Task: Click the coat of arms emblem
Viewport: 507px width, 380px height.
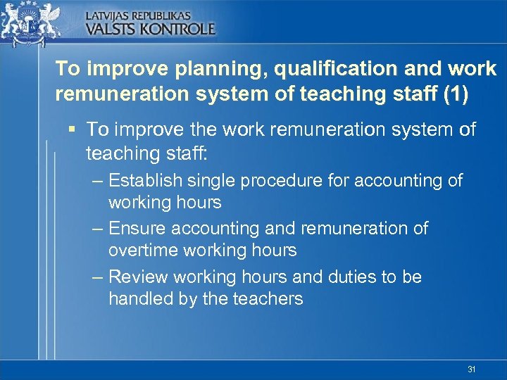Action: (39, 23)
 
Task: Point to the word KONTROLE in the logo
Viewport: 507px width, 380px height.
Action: (178, 29)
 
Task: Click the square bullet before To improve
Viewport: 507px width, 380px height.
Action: (73, 129)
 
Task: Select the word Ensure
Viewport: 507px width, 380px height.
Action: (136, 229)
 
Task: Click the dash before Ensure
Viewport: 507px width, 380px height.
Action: (98, 229)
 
